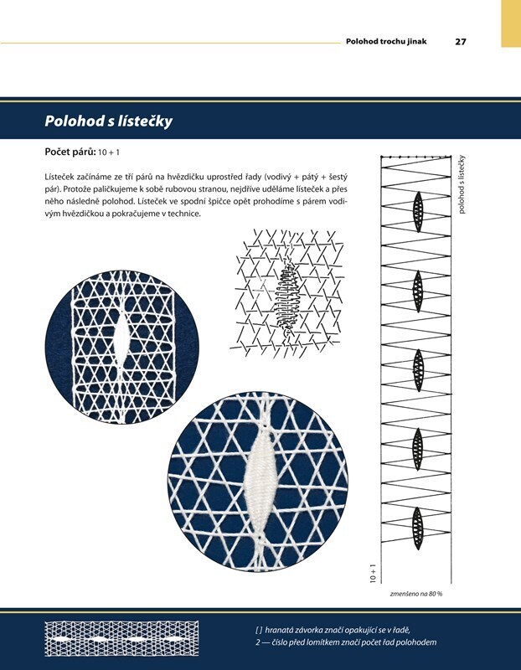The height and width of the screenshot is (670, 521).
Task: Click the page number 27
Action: [461, 41]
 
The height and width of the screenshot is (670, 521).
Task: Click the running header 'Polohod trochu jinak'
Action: [386, 41]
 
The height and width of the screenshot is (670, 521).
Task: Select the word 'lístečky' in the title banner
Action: [145, 121]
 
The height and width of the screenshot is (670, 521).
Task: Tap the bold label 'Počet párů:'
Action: [70, 152]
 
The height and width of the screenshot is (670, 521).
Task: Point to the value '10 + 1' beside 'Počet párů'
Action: [109, 152]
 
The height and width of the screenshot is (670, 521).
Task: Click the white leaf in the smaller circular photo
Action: [121, 341]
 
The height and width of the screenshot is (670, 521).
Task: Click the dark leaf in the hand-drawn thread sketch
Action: [286, 298]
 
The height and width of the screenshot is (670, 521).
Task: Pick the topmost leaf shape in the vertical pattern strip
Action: [418, 212]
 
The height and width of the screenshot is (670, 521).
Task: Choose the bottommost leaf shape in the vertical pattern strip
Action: [418, 528]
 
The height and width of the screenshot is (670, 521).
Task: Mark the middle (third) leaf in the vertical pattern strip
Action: [418, 370]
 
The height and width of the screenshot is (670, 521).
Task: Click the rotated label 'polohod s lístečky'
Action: [462, 184]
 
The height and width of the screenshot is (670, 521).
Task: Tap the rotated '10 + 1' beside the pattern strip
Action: [373, 574]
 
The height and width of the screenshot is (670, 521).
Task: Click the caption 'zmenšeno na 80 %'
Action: [416, 594]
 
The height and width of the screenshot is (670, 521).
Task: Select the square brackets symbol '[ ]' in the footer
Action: [259, 630]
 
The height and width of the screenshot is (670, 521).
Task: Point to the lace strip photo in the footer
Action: [121, 639]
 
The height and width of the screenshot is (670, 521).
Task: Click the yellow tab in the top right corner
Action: [511, 23]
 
